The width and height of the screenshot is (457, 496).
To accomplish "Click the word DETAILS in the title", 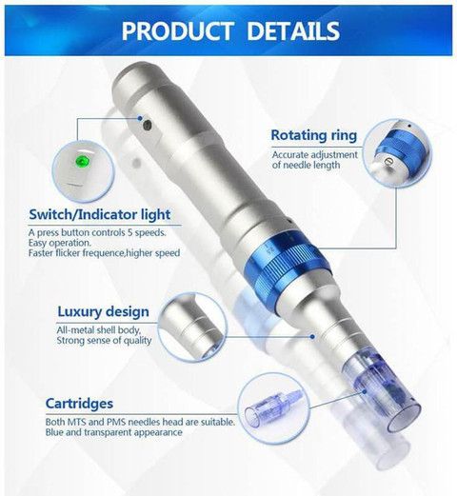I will click(x=294, y=30).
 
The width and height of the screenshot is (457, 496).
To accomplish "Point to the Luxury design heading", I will click(x=103, y=311).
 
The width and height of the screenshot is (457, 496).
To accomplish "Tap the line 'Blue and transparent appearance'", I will click(x=106, y=432).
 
